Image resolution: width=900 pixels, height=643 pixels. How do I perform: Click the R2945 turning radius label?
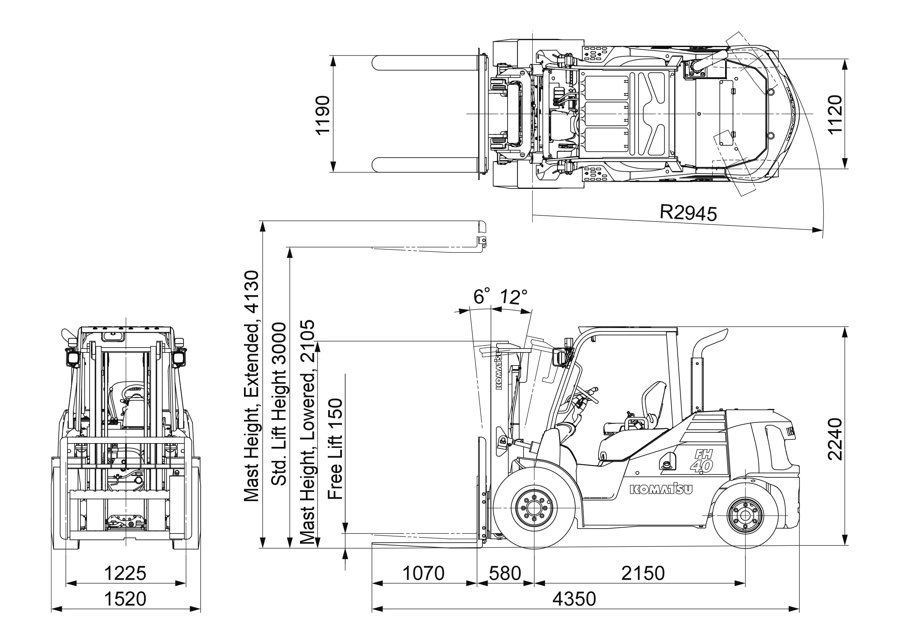(688, 213)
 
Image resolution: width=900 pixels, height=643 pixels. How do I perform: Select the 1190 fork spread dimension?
(322, 115)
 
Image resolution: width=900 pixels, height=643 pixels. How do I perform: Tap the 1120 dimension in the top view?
(835, 114)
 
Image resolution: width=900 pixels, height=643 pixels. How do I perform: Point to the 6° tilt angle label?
(482, 296)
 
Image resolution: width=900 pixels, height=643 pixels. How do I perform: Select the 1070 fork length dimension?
(423, 573)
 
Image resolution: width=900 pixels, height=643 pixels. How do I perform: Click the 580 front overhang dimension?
(505, 573)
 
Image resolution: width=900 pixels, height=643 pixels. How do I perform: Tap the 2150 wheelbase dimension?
(643, 573)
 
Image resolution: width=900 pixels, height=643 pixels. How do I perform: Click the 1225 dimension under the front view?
(125, 573)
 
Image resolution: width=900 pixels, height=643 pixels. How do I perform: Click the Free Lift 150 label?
(335, 449)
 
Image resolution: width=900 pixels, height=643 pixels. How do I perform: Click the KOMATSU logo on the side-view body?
(661, 490)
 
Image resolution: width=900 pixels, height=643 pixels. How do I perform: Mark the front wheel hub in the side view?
(534, 509)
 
